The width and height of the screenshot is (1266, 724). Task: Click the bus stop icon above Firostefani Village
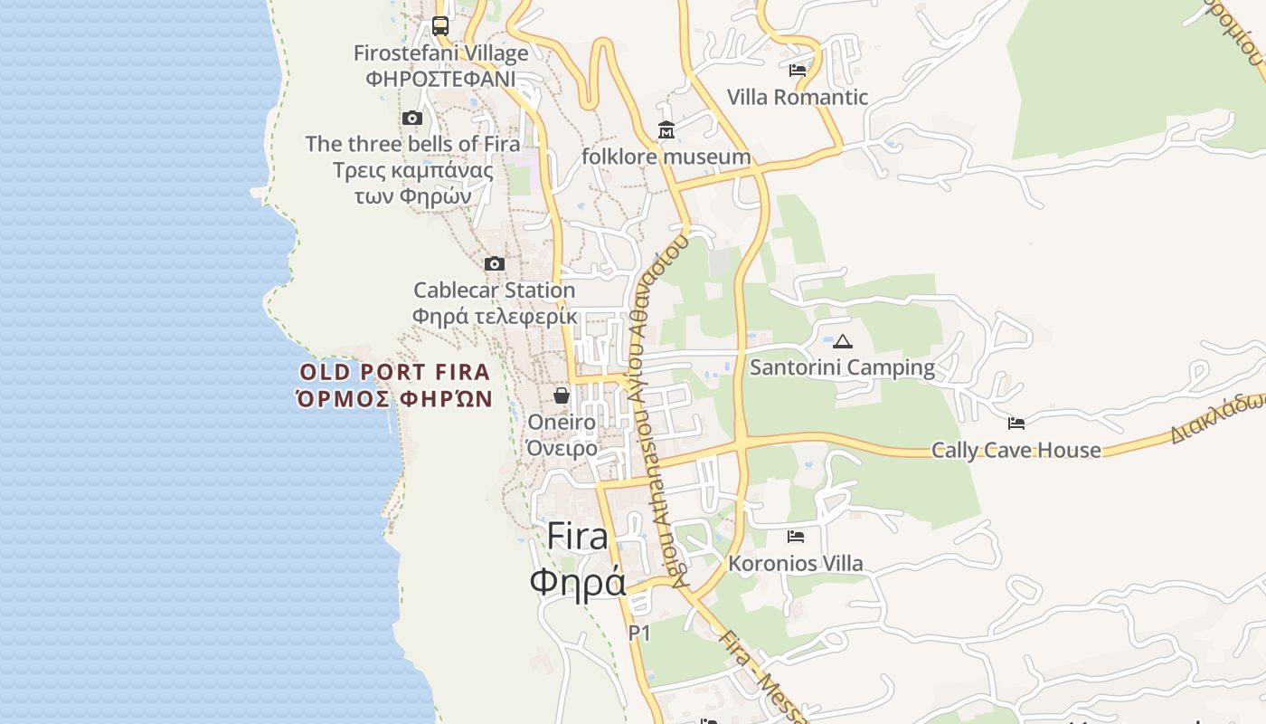click(x=440, y=26)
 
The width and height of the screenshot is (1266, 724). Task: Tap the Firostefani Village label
click(x=440, y=53)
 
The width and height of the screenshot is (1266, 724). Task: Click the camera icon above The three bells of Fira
click(x=412, y=118)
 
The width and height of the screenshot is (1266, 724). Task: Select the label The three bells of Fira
click(x=412, y=144)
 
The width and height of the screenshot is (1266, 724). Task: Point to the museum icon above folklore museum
click(x=666, y=130)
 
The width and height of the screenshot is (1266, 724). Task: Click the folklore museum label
click(x=666, y=157)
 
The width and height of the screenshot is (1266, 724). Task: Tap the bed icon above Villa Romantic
click(x=798, y=71)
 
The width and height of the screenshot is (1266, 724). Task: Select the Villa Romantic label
click(x=798, y=97)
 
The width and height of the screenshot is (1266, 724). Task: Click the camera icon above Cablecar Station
click(x=494, y=263)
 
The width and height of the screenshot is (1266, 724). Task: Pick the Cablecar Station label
click(x=494, y=291)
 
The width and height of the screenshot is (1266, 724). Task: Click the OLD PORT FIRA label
click(x=395, y=372)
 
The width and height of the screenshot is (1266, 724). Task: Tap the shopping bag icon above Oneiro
click(x=562, y=395)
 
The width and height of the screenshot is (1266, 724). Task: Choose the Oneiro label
click(x=562, y=422)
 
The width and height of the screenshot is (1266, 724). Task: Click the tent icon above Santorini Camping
click(x=843, y=341)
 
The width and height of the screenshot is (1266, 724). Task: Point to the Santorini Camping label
click(x=843, y=367)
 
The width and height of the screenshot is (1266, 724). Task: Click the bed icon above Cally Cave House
click(x=1016, y=423)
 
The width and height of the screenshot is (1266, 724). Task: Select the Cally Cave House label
click(x=1016, y=450)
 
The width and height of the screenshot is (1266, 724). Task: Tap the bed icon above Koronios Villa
click(x=796, y=537)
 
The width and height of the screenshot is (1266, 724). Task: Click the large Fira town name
click(x=578, y=536)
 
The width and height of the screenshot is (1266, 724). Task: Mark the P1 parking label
click(x=639, y=633)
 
